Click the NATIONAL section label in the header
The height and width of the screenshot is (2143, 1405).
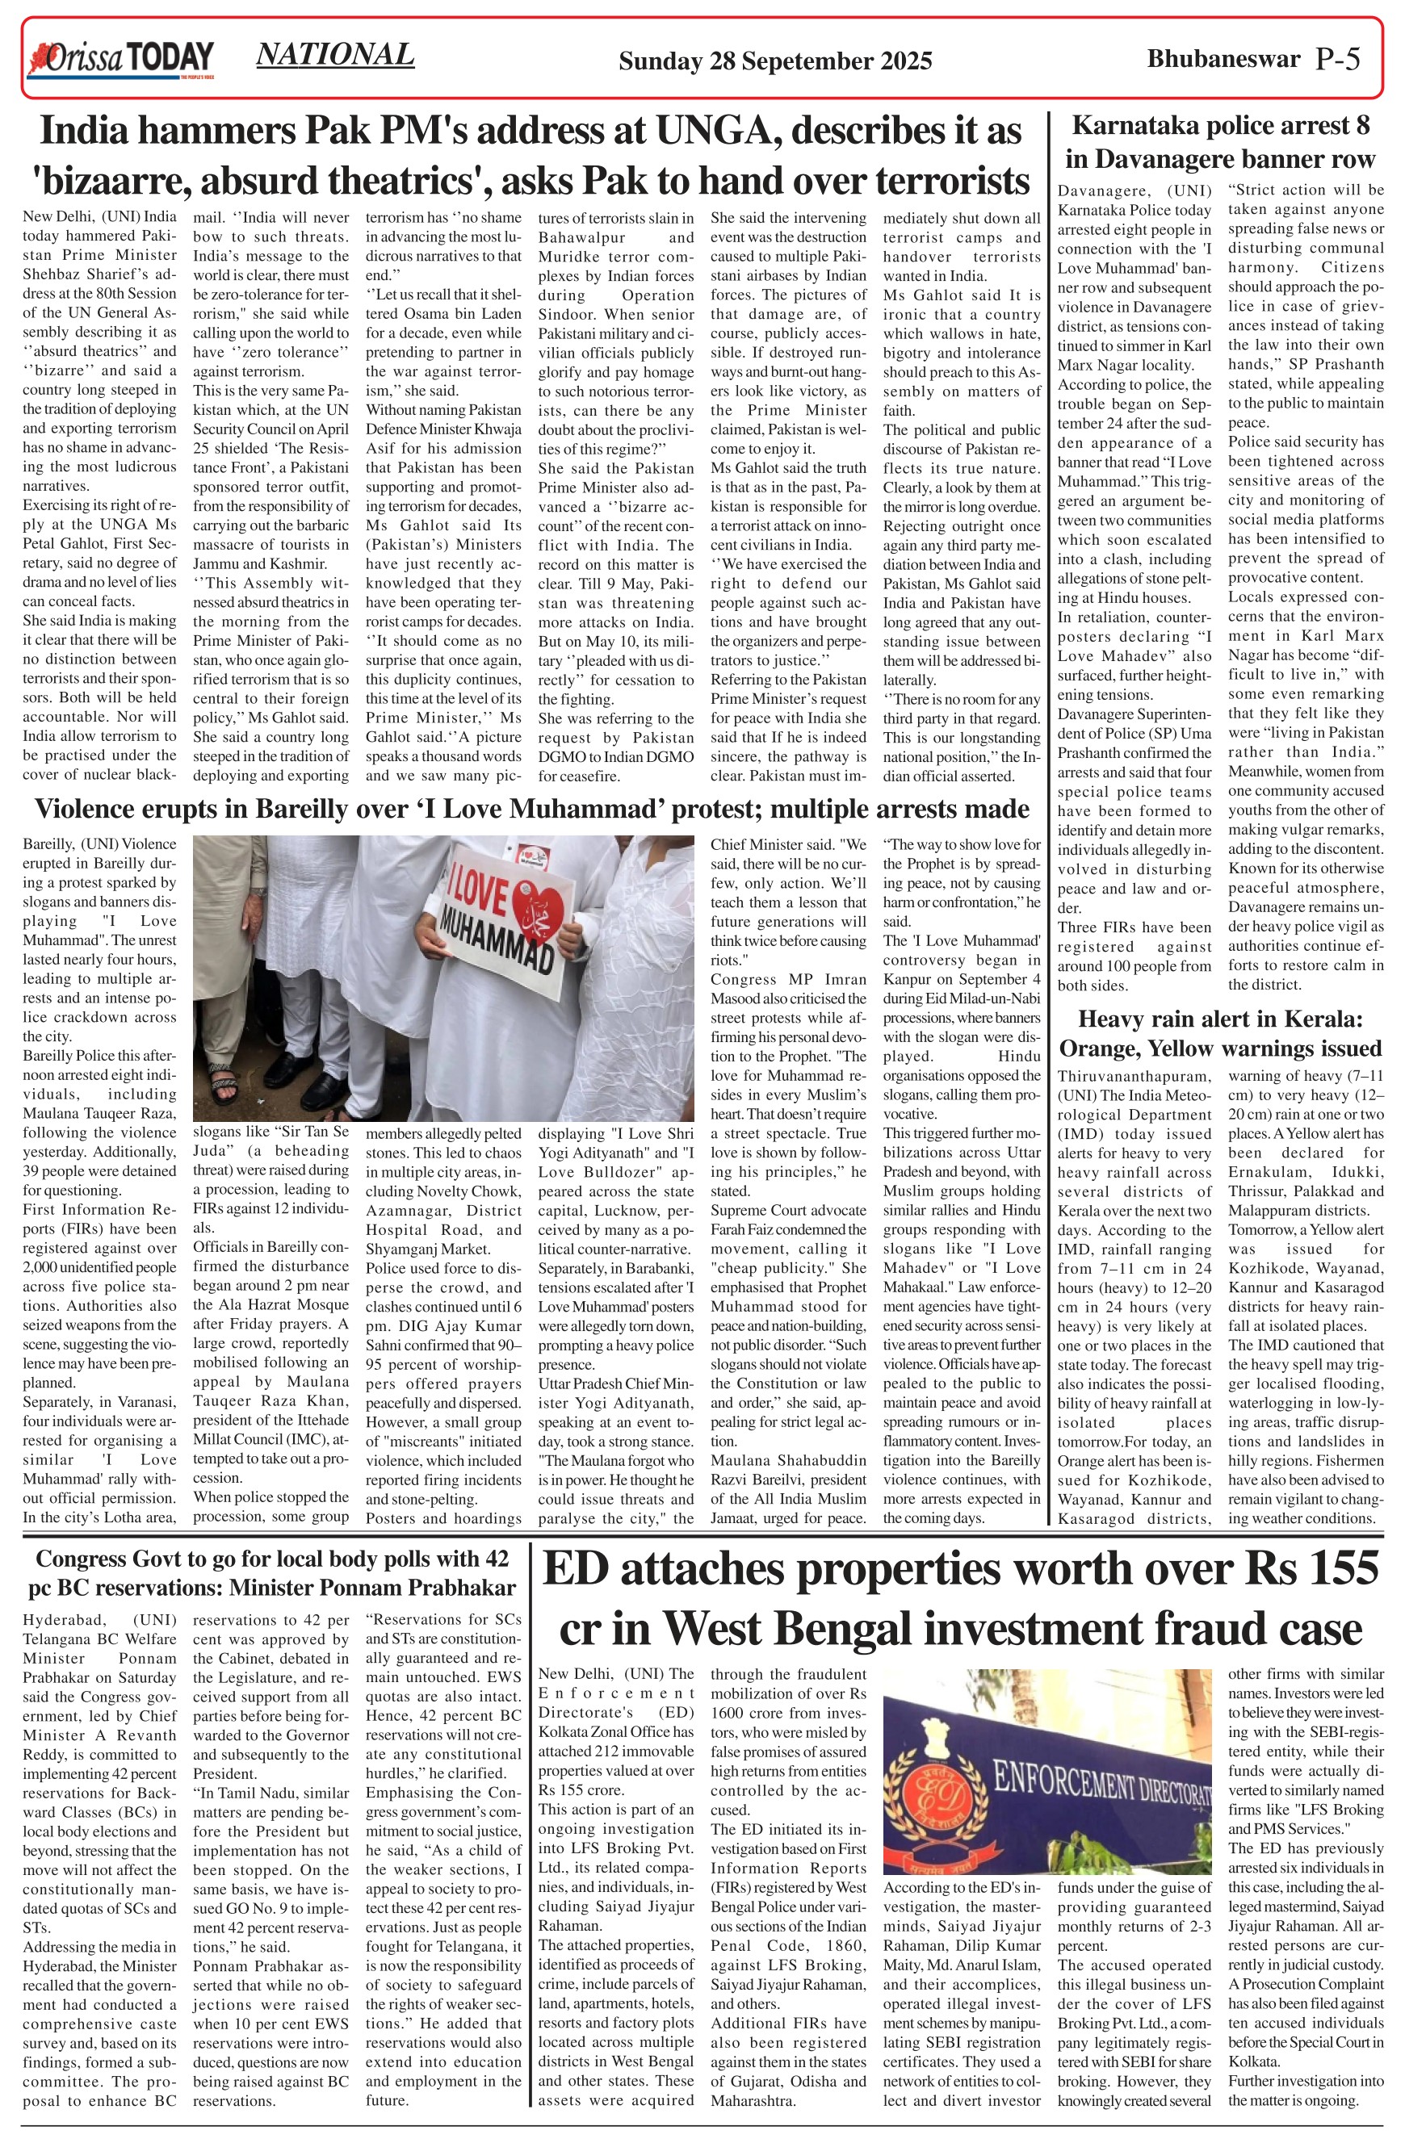[335, 55]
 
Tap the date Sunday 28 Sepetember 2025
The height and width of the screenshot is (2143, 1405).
[774, 61]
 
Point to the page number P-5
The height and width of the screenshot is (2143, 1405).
[1336, 60]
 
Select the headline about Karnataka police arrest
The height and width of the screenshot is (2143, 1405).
[1219, 142]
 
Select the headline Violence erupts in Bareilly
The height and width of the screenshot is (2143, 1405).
[531, 810]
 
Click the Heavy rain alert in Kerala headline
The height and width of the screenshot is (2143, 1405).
[1219, 1034]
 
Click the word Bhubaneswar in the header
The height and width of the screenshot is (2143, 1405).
[1223, 60]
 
